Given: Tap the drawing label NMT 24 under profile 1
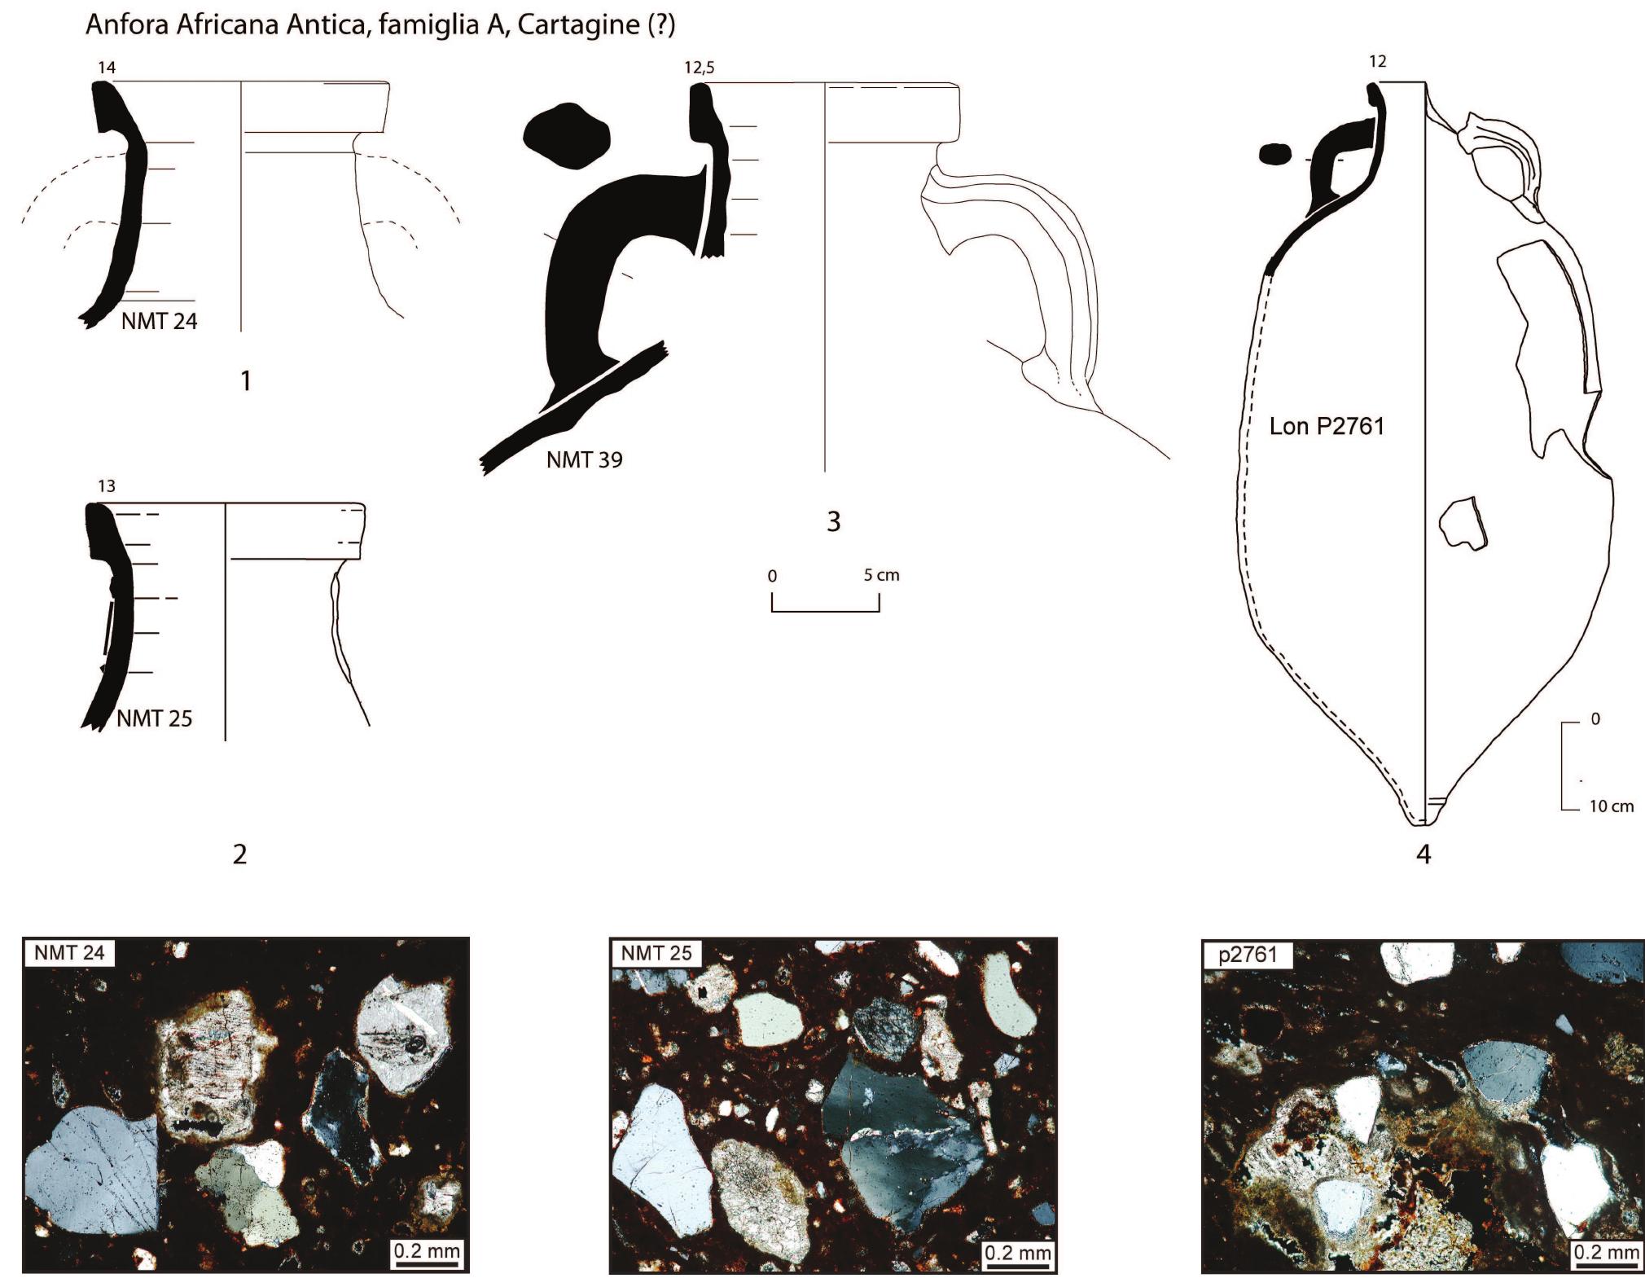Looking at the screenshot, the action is [160, 322].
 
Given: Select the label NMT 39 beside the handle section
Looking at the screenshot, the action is [585, 460].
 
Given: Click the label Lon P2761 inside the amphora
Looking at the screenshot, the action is [1327, 426].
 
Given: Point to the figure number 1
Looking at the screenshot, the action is [246, 380].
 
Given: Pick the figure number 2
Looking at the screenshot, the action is [239, 854].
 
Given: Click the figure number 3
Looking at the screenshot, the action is [833, 521].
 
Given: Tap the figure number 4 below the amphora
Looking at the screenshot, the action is [1423, 854].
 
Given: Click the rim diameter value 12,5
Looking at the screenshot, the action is [700, 68].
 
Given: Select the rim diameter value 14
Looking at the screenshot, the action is [107, 68].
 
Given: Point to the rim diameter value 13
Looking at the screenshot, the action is [107, 486].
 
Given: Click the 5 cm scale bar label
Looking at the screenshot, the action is [882, 575].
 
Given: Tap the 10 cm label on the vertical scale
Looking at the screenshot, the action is [1612, 806].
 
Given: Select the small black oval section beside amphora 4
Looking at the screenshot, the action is [1276, 154].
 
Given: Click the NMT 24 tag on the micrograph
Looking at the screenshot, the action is [71, 952].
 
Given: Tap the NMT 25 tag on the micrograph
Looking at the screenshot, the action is [656, 952].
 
